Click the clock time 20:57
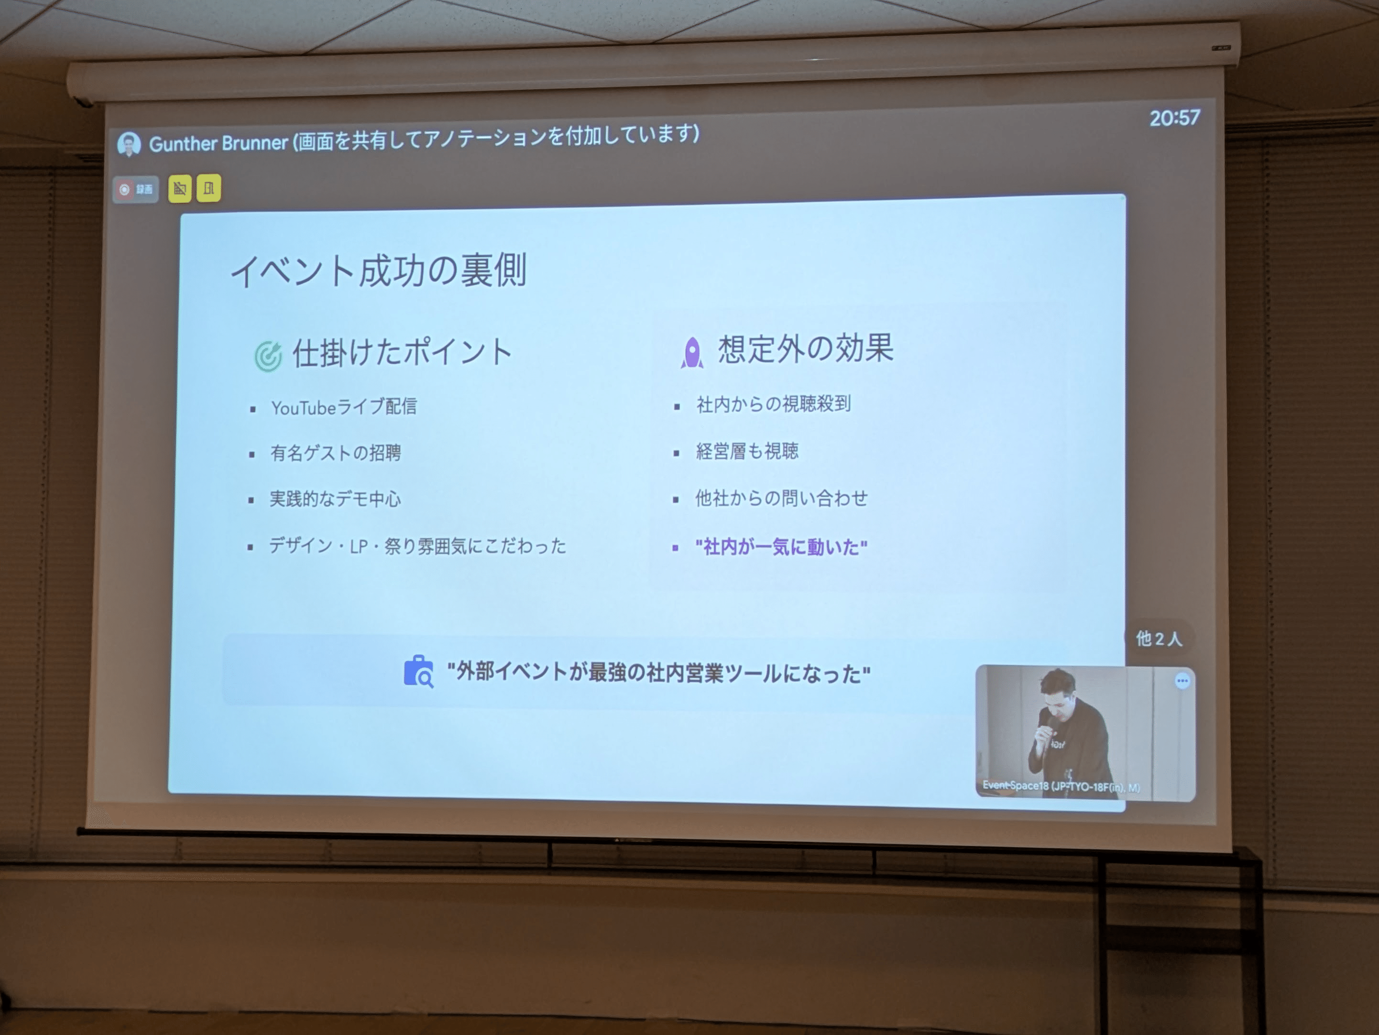coord(1174,118)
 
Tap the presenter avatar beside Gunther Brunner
coord(129,144)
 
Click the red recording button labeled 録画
coord(135,189)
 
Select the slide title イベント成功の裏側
coord(378,271)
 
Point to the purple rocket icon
coord(691,353)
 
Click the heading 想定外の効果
coord(806,349)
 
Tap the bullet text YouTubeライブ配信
coord(343,407)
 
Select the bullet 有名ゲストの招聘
coord(335,453)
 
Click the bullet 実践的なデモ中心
coord(335,499)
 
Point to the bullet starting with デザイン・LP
coord(417,546)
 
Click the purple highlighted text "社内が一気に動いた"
coord(781,547)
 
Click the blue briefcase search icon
coord(418,672)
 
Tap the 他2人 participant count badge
coord(1158,639)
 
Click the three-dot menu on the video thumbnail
coord(1182,680)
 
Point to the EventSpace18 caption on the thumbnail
coord(1061,786)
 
